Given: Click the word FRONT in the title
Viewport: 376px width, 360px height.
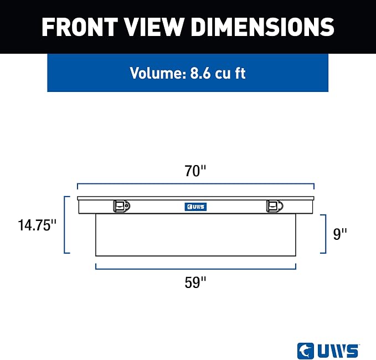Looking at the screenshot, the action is (79, 27).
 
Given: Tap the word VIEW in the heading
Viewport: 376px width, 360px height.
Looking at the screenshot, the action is (154, 27).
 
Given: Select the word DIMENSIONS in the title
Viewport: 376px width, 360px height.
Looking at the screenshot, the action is (262, 27).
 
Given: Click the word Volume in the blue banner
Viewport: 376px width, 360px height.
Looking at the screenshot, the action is (158, 73).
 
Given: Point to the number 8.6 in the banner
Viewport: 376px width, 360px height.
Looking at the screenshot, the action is (200, 73).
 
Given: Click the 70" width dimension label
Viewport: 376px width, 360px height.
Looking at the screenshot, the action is (195, 171).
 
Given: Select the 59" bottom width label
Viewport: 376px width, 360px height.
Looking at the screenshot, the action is (195, 282).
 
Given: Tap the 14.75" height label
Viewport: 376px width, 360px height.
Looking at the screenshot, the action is (37, 225).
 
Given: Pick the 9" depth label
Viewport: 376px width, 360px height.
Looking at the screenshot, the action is (340, 234).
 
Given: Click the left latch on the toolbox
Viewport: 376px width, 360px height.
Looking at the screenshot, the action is (122, 206).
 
